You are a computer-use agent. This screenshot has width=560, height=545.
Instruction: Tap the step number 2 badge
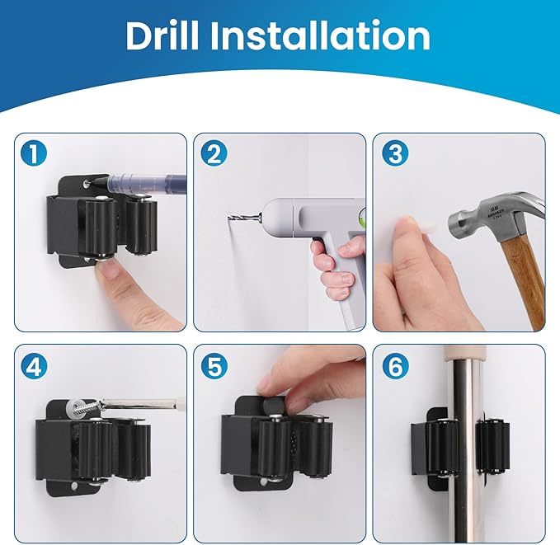[x=216, y=154]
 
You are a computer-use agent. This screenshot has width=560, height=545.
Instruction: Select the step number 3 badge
[x=396, y=154]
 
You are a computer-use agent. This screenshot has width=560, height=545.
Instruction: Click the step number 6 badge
[x=396, y=365]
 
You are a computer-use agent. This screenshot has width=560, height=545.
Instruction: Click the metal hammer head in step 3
[x=487, y=216]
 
